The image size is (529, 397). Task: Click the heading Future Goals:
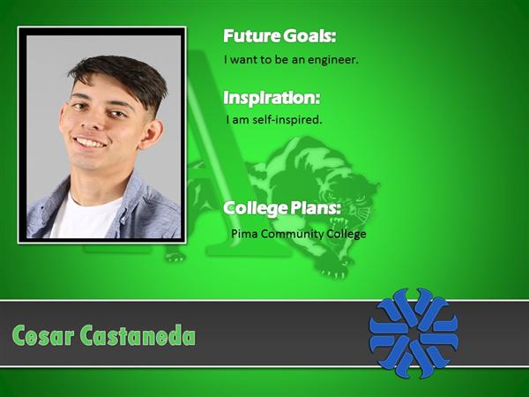tap(279, 36)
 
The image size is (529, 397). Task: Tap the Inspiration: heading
tap(272, 98)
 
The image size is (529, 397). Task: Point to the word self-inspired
tap(287, 119)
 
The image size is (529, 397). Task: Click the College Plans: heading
tap(282, 208)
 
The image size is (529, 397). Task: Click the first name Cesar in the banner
tap(43, 335)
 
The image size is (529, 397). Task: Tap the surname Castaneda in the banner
tap(138, 335)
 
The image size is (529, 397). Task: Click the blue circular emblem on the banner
tap(414, 333)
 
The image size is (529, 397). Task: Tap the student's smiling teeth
tap(89, 142)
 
